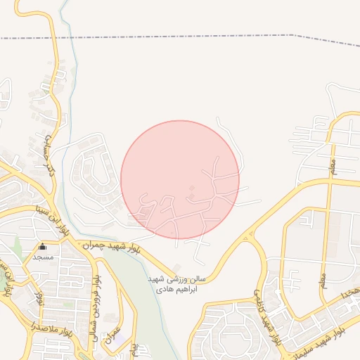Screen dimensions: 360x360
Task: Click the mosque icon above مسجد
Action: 42,247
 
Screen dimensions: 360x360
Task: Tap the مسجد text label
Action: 43,257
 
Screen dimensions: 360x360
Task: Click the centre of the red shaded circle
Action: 180,179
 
